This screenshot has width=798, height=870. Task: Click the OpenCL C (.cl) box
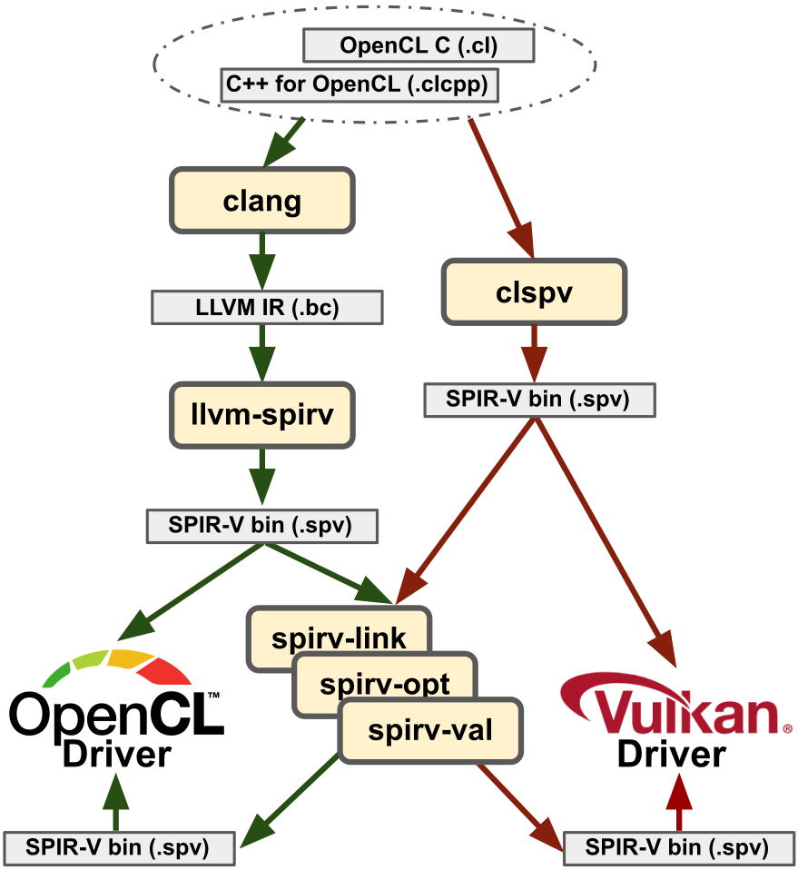(x=419, y=44)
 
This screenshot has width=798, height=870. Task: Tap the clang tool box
(x=261, y=200)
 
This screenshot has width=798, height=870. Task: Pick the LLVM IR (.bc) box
(x=266, y=308)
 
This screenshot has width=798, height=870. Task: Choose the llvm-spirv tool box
(x=261, y=415)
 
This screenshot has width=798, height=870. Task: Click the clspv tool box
(x=534, y=292)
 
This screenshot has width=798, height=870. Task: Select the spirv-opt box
(x=384, y=683)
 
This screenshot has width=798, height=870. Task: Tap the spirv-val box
(x=430, y=729)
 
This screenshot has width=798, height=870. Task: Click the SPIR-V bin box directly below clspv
(x=539, y=400)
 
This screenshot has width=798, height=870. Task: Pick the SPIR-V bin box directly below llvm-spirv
(x=261, y=525)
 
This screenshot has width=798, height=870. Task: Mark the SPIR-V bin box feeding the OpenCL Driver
(x=120, y=847)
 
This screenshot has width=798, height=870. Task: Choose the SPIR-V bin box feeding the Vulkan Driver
(x=677, y=847)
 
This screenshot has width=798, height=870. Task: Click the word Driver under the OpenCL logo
(x=116, y=755)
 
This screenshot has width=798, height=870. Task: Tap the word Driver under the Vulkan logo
(x=672, y=754)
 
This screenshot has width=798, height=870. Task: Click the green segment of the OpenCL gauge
(x=56, y=675)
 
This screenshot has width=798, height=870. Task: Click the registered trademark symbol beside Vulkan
(x=786, y=728)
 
